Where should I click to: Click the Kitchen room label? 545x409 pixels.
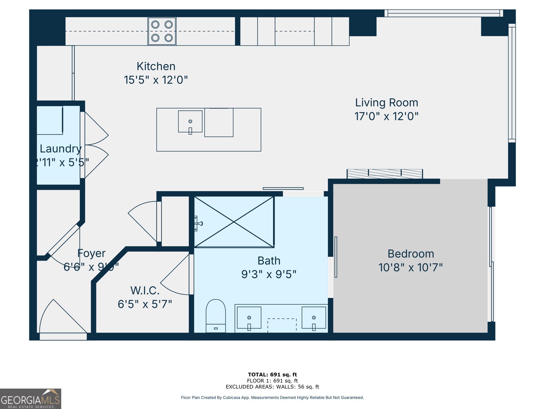(x=156, y=66)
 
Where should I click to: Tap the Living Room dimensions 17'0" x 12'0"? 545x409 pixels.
(x=386, y=116)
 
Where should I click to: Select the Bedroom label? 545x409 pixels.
(x=411, y=254)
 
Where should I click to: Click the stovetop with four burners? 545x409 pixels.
(x=162, y=31)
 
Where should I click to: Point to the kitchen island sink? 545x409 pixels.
(x=190, y=122)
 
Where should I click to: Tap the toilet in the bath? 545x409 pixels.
(x=216, y=315)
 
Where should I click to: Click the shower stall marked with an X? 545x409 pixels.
(x=234, y=222)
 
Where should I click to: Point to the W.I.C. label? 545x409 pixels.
(x=145, y=290)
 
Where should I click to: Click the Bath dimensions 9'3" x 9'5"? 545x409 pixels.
(x=269, y=274)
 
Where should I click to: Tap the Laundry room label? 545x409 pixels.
(x=61, y=149)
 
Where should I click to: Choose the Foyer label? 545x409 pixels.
(x=91, y=253)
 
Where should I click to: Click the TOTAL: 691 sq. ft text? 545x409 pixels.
(x=272, y=375)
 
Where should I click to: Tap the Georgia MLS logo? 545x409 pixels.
(x=30, y=399)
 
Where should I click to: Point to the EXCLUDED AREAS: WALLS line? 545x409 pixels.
(x=272, y=387)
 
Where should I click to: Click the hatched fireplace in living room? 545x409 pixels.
(x=385, y=174)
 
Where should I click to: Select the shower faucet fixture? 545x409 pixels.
(x=198, y=224)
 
